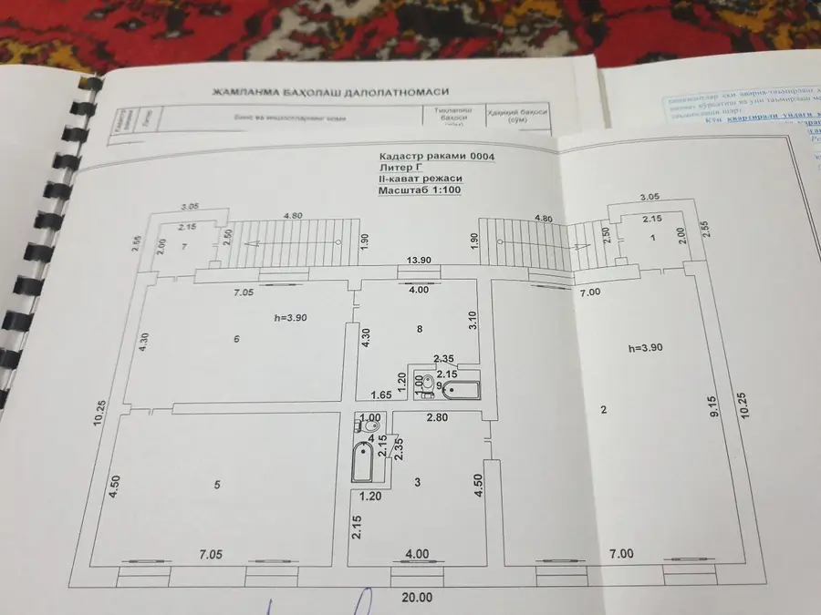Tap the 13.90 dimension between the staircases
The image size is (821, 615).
click(x=421, y=261)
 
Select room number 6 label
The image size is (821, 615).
click(x=236, y=339)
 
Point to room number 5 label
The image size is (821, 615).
click(x=217, y=485)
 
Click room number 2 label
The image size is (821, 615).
click(x=604, y=410)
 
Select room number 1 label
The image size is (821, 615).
click(x=653, y=238)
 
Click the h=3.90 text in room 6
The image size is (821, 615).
click(x=291, y=318)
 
